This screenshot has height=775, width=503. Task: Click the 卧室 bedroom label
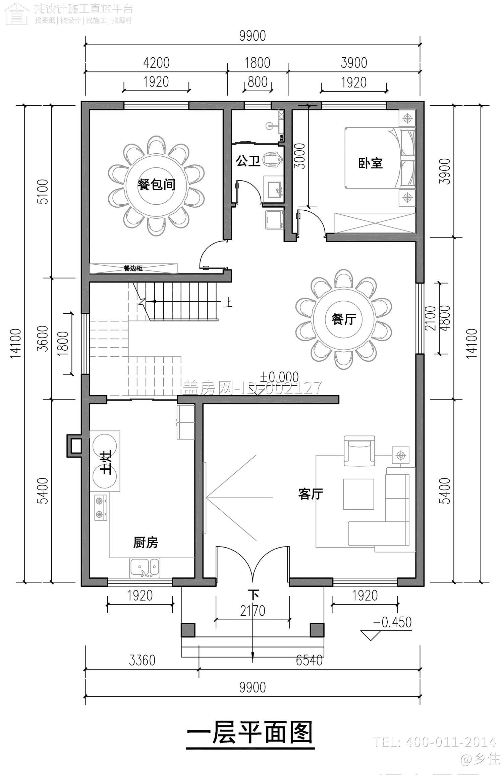pyautogui.click(x=371, y=163)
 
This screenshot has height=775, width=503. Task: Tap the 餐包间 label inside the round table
pyautogui.click(x=157, y=185)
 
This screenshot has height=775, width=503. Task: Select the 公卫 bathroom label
pyautogui.click(x=248, y=161)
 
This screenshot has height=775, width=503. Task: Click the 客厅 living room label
pyautogui.click(x=311, y=494)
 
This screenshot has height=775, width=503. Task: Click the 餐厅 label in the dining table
pyautogui.click(x=344, y=319)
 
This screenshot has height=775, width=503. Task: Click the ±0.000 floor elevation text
pyautogui.click(x=279, y=377)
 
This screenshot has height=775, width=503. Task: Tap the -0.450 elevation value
pyautogui.click(x=392, y=622)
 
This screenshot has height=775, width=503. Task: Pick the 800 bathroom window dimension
pyautogui.click(x=257, y=82)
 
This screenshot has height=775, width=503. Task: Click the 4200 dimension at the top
pyautogui.click(x=156, y=63)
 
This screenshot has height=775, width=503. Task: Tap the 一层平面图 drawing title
pyautogui.click(x=250, y=732)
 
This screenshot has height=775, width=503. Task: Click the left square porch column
pyautogui.click(x=188, y=630)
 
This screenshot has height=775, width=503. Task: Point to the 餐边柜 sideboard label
pyautogui.click(x=133, y=268)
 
